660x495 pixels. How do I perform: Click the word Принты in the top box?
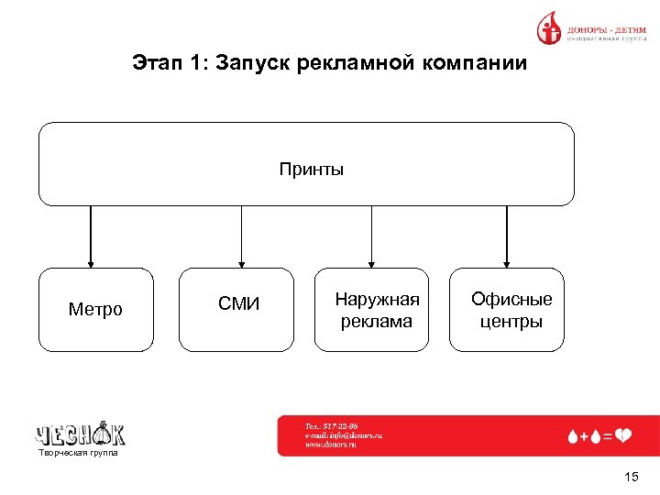[312, 170]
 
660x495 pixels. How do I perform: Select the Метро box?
[95, 310]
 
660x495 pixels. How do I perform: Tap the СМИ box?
[236, 310]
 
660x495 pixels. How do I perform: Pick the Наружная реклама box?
[371, 310]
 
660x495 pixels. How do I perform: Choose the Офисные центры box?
[506, 310]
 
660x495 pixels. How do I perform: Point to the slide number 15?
[630, 477]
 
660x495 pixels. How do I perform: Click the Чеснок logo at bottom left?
[81, 433]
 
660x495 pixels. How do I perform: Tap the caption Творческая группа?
[78, 453]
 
